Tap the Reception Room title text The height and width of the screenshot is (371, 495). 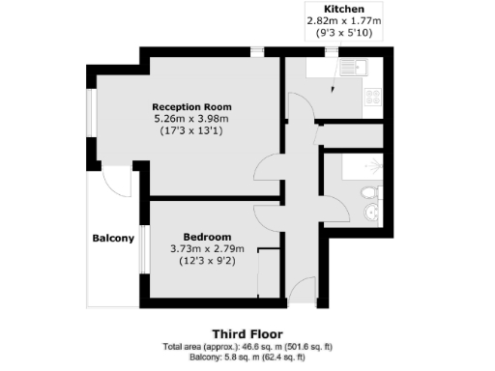[191, 105]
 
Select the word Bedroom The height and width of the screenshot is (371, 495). [208, 238]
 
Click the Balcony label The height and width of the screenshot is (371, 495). [113, 239]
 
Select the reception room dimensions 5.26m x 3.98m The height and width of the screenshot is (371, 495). [191, 118]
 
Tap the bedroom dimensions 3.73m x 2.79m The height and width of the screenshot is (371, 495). [208, 249]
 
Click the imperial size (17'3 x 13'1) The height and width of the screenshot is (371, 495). [191, 131]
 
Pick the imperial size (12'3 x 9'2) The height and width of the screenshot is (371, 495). [208, 262]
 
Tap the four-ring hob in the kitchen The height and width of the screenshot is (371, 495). [372, 94]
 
